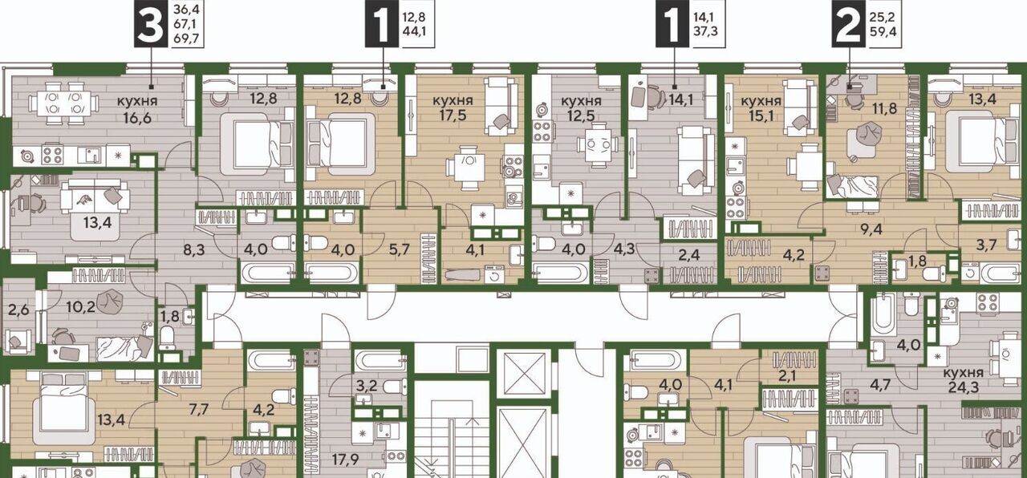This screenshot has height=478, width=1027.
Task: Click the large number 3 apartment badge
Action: click(x=150, y=24)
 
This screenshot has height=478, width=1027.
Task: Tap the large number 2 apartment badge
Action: click(x=848, y=24)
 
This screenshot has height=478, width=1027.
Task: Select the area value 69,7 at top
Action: click(x=186, y=39)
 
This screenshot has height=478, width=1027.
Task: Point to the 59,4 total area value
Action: click(x=882, y=31)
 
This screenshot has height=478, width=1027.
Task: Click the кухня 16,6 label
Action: click(x=137, y=109)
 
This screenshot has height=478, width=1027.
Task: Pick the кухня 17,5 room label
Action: click(x=453, y=107)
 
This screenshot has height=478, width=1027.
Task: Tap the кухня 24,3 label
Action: click(x=964, y=379)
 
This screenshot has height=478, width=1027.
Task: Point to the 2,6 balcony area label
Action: click(x=18, y=310)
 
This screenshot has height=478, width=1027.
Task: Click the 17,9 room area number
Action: click(x=345, y=460)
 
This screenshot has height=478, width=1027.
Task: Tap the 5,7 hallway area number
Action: click(x=399, y=249)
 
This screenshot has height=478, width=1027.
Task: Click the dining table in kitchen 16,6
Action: click(x=63, y=103)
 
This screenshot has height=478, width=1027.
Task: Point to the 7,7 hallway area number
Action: click(x=198, y=409)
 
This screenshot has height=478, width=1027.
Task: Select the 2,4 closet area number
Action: click(x=688, y=254)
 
